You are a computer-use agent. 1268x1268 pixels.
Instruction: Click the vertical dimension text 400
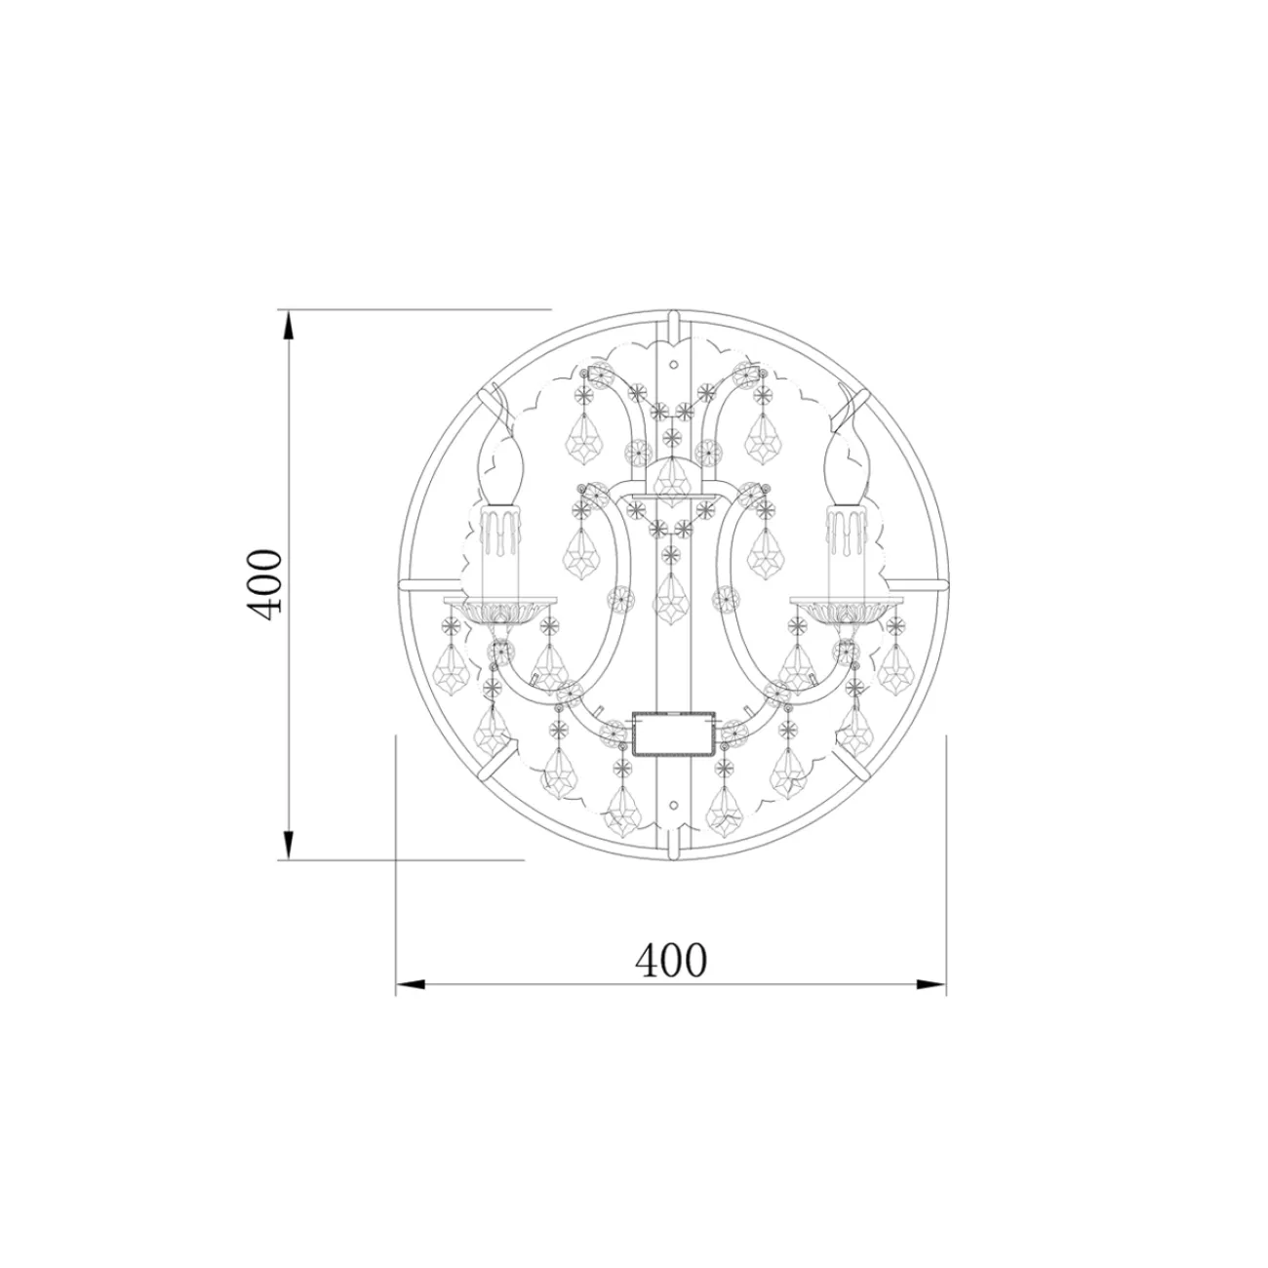[x=263, y=581]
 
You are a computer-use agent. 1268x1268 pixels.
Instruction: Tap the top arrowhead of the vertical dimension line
[x=288, y=325]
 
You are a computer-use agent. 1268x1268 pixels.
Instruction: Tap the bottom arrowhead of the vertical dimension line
[x=288, y=845]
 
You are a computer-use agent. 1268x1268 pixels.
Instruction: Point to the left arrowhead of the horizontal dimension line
[x=411, y=984]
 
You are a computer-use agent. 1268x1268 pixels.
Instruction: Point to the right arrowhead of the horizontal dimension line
[x=931, y=984]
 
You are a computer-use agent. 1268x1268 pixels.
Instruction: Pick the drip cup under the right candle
[x=845, y=609]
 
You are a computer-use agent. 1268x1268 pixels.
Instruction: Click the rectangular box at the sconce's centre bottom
[x=672, y=734]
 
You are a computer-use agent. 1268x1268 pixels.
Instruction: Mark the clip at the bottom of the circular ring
[x=672, y=848]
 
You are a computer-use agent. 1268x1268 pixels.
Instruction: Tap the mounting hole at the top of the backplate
[x=672, y=363]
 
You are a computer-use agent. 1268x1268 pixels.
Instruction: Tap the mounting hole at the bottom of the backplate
[x=672, y=806]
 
